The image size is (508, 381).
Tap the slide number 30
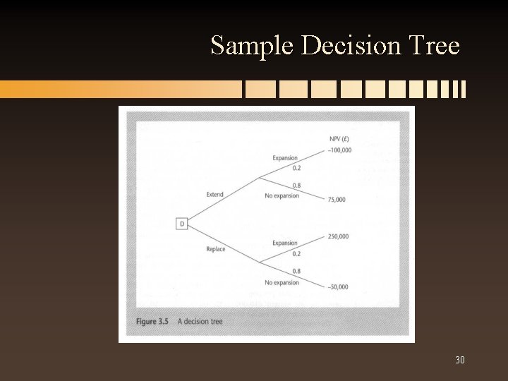[460, 361]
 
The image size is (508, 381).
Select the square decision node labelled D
[181, 224]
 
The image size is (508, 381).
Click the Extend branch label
[214, 194]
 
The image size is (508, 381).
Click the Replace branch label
[216, 249]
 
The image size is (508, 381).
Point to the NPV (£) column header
[340, 138]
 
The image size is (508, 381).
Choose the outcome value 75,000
[337, 200]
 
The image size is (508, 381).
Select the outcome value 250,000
[338, 236]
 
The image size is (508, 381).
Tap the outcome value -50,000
[338, 286]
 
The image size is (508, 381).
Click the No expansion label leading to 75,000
[282, 195]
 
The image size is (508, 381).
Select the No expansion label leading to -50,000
[282, 283]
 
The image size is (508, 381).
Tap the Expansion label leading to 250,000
[284, 243]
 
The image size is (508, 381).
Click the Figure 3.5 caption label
[152, 322]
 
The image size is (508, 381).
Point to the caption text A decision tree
[200, 322]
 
